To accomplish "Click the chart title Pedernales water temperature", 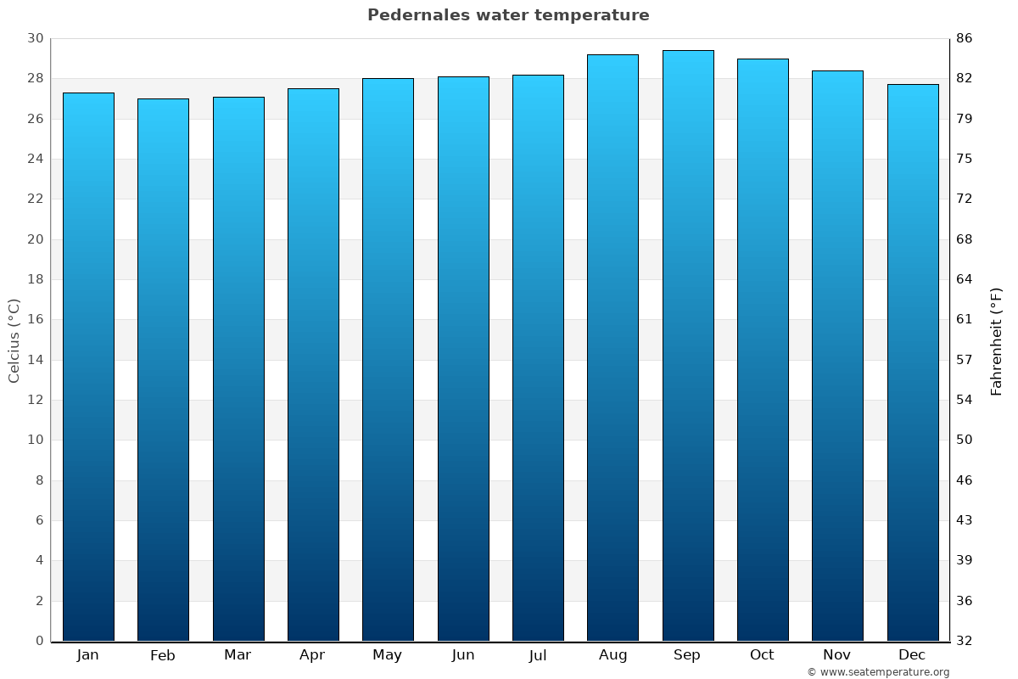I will (x=508, y=15).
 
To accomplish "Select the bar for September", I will (x=688, y=345).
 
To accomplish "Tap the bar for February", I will (x=163, y=369).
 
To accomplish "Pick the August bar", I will (x=612, y=348).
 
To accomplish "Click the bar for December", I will (x=913, y=362).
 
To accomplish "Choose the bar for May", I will (x=388, y=359).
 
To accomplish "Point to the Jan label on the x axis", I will (x=87, y=655).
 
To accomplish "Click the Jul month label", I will (x=538, y=655).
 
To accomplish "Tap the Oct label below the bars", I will (x=762, y=655).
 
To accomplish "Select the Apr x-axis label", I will (x=312, y=655).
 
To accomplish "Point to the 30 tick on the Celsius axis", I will (x=35, y=38).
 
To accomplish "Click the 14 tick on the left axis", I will (x=35, y=360).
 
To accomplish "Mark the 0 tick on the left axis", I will (x=39, y=641).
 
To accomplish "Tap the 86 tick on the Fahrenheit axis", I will (x=965, y=38).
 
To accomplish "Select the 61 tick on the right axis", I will (x=965, y=319).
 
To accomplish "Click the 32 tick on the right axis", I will (x=965, y=641).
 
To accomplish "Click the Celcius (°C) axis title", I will (x=14, y=340).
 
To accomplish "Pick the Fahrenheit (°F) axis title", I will (x=997, y=340).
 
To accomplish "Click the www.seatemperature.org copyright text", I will (x=878, y=672).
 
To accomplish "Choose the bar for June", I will (x=463, y=358).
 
